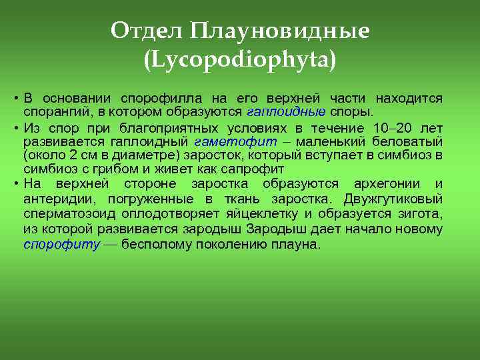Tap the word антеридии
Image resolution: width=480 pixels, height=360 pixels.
54,199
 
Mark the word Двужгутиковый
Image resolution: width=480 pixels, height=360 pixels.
393,199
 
